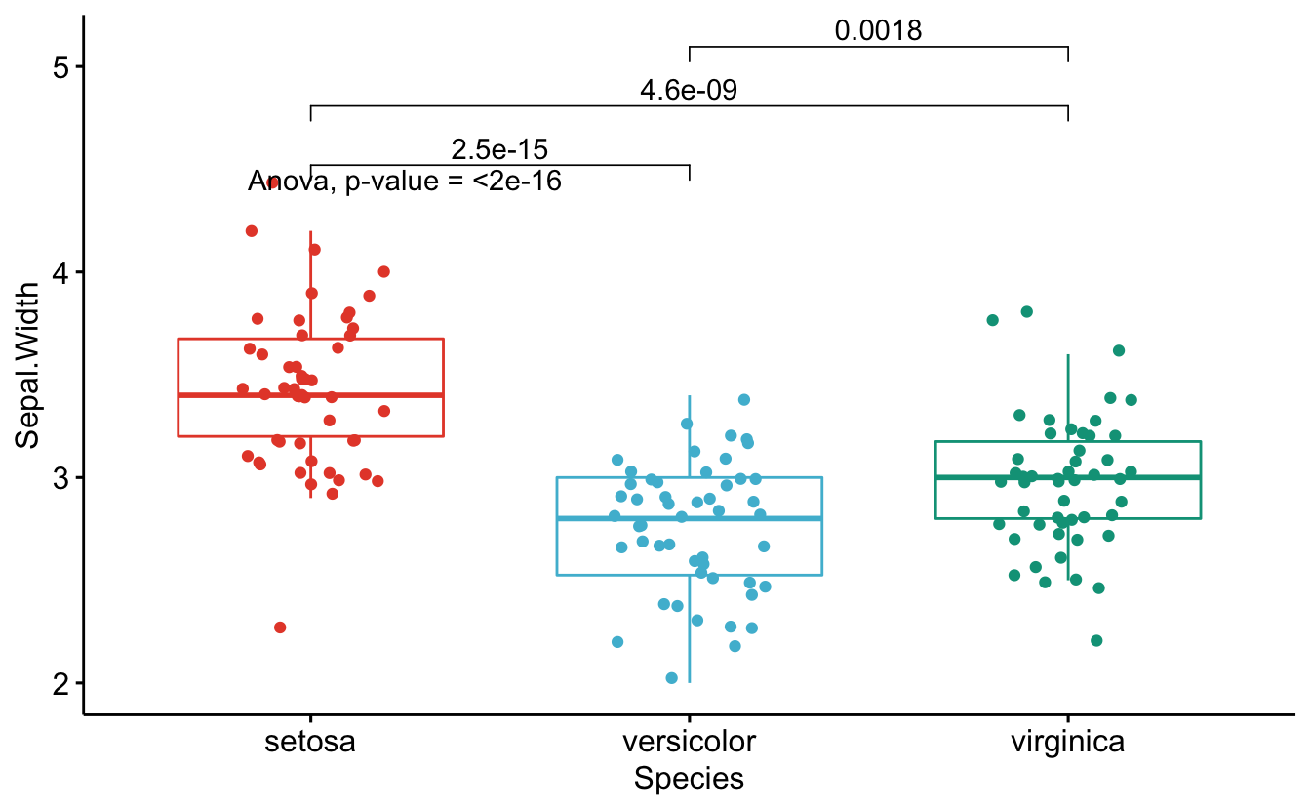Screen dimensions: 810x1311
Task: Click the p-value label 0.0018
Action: [878, 31]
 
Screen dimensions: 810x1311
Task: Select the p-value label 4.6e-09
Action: [689, 91]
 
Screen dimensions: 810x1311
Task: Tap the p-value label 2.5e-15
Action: [499, 150]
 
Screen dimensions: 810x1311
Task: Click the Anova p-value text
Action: [405, 181]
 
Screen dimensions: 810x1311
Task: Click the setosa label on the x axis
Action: [310, 742]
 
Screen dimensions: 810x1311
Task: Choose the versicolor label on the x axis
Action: [689, 742]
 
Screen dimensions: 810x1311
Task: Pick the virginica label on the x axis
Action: [1067, 742]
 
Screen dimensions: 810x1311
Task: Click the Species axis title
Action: [689, 779]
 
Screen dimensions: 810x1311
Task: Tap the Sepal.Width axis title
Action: [29, 364]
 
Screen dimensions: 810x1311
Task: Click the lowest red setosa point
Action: [280, 628]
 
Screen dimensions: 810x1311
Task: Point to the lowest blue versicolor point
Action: [672, 678]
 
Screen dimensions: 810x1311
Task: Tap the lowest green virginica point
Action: [1096, 641]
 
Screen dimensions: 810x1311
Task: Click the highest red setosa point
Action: [274, 183]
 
